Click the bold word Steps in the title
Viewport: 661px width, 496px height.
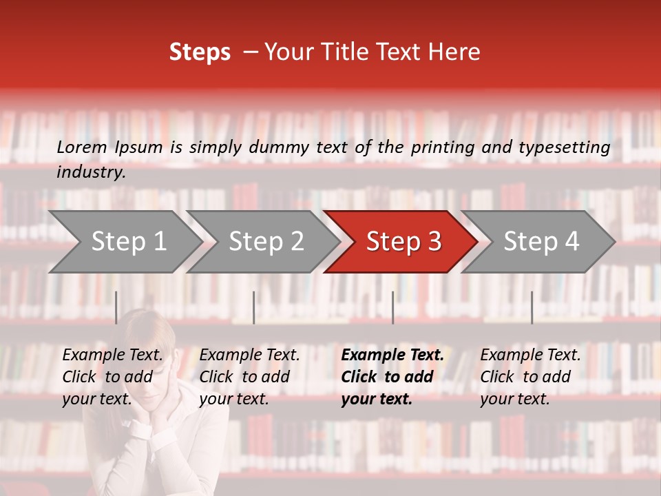coord(200,52)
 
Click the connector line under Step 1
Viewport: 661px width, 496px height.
coord(116,307)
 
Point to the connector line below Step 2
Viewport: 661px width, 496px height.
coord(254,307)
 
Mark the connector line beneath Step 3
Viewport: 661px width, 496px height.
coord(393,307)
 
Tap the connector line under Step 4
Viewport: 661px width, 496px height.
coord(532,307)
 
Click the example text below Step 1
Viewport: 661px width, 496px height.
coord(112,377)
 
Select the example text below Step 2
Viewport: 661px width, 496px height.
coord(249,377)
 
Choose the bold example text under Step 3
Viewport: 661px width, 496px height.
coord(392,377)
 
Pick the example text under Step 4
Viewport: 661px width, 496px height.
coord(530,377)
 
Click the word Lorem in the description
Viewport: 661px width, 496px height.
coord(82,147)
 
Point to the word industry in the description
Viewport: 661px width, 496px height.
coord(91,172)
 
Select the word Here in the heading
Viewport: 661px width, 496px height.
coord(456,52)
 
